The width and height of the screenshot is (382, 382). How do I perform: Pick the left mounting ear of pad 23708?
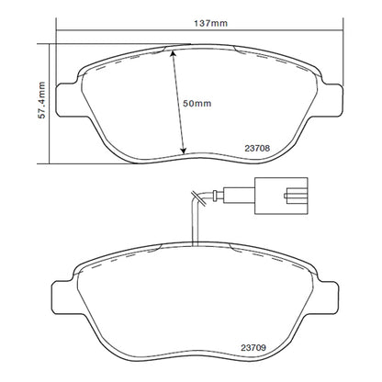[x=66, y=98]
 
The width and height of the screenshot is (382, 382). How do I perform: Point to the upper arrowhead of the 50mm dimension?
[x=174, y=51]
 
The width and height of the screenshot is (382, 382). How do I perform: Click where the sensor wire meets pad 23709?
[x=194, y=245]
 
